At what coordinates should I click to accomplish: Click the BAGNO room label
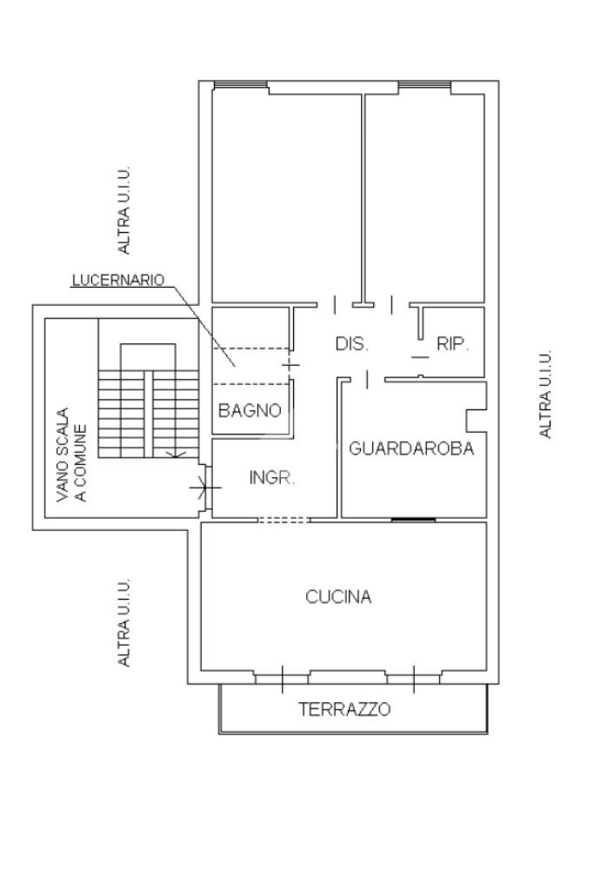250,410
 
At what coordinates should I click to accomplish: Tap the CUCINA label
338,597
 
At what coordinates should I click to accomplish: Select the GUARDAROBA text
411,449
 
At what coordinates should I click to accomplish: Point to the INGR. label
273,477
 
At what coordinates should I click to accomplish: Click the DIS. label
352,343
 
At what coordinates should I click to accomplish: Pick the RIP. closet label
452,343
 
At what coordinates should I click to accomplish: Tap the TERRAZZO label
345,709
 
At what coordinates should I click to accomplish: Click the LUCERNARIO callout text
118,280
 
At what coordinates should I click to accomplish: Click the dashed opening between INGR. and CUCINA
284,520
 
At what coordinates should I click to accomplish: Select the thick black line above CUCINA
412,520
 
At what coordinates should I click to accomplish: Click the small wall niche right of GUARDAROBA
475,420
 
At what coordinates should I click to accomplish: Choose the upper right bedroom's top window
424,84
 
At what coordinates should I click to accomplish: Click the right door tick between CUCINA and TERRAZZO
413,678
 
